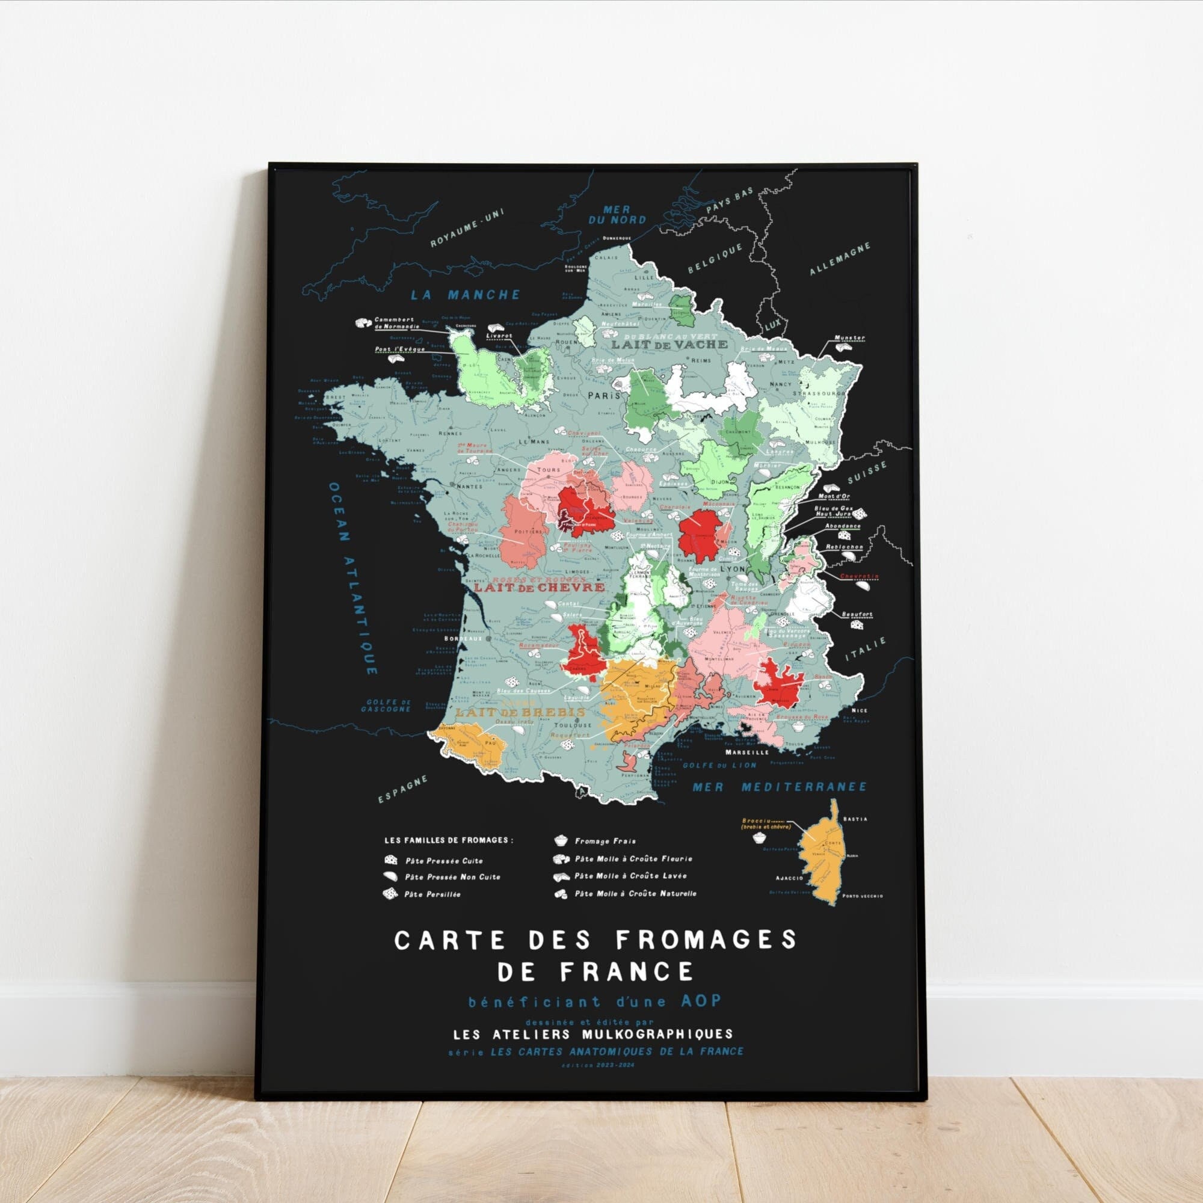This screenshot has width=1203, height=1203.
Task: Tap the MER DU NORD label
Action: point(617,215)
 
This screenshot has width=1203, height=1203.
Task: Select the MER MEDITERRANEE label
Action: point(780,787)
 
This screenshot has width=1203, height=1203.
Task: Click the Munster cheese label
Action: point(851,338)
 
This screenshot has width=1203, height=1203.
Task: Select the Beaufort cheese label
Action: point(857,615)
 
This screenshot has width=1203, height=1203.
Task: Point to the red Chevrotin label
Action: point(860,577)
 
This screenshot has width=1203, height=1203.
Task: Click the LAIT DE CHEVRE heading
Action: point(539,587)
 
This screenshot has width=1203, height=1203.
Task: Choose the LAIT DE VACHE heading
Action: point(669,343)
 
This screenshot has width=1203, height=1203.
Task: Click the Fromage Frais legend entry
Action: point(596,841)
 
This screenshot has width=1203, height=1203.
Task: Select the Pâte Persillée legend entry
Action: point(432,895)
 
